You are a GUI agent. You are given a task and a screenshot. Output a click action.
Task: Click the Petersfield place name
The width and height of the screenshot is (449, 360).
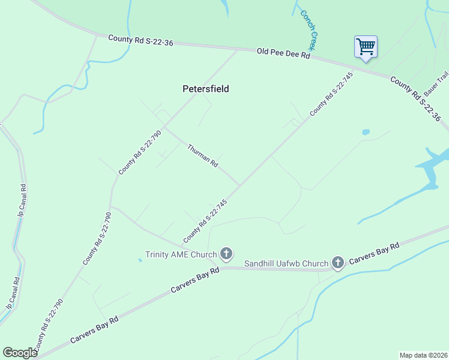coord(205,89)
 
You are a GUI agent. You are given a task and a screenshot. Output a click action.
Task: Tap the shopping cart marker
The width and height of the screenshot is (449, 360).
coord(366,47)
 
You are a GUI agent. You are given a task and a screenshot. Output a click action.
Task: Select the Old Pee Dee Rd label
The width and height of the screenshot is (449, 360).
coord(283,53)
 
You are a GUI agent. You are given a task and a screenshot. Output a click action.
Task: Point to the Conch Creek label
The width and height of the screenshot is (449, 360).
coord(308,29)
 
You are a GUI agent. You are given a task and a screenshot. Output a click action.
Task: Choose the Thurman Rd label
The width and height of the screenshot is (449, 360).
coord(202,155)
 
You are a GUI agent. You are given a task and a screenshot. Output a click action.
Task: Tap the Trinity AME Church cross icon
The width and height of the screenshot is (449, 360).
coord(226,254)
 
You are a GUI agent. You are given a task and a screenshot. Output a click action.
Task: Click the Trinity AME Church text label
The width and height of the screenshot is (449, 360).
coord(181,254)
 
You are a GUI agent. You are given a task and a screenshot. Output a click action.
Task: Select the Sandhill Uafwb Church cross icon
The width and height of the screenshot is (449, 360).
coord(338,263)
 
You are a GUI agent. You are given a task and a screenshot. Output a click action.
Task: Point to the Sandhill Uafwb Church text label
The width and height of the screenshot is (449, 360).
coord(286,263)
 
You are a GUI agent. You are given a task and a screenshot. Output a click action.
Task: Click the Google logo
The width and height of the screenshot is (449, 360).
coord(19,353)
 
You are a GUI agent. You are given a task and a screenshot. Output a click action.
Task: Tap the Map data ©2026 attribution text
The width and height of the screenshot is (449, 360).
coord(423,355)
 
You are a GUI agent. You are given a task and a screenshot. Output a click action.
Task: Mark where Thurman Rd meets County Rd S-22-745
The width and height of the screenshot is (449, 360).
coord(240,185)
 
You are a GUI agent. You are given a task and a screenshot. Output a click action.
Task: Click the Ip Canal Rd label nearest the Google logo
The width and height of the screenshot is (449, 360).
coord(13,293)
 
